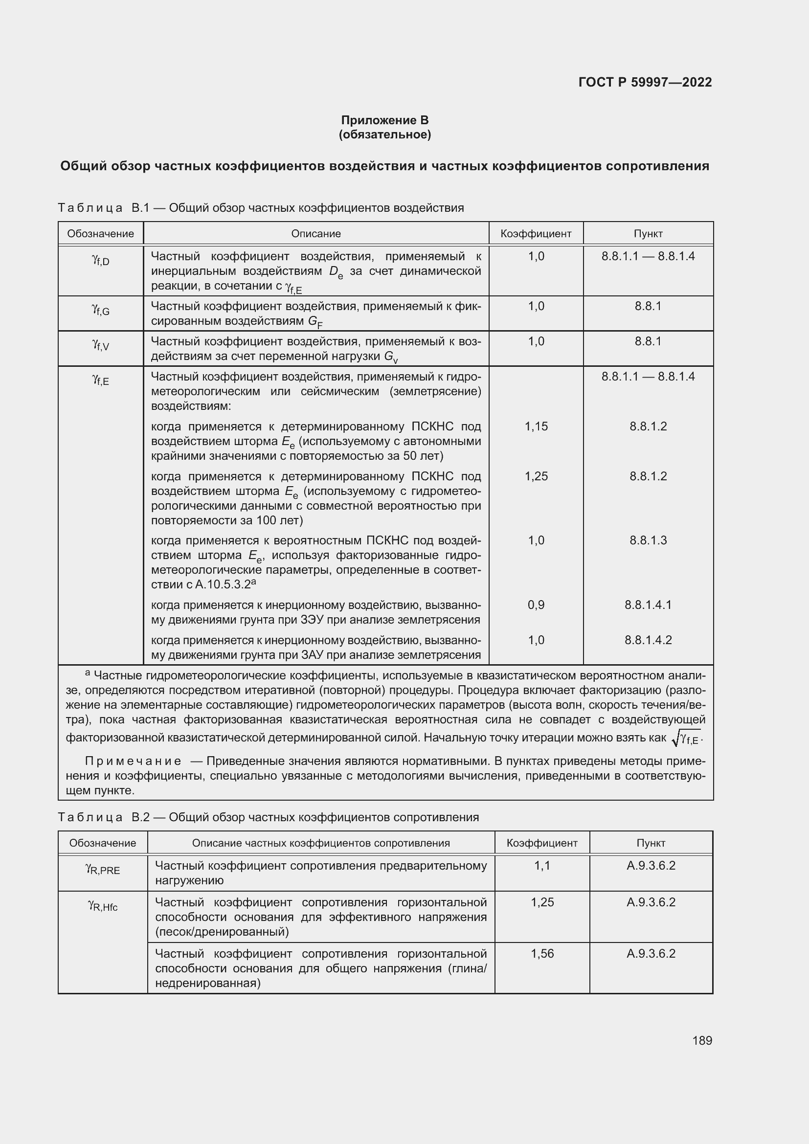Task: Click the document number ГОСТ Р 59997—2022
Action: coord(645,82)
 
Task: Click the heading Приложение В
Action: coord(384,120)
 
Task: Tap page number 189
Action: coord(702,1040)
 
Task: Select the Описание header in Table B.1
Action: coord(316,234)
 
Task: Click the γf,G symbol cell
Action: coord(101,310)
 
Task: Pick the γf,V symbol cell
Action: coord(101,345)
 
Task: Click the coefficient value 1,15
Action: coord(536,426)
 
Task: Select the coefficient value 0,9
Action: coord(536,605)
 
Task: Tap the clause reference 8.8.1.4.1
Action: coord(648,605)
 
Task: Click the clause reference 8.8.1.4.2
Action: coord(648,640)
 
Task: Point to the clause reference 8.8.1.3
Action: coord(648,540)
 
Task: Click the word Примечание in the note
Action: coord(133,762)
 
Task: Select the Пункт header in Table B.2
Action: coord(651,843)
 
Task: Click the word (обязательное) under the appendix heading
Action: coord(384,135)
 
